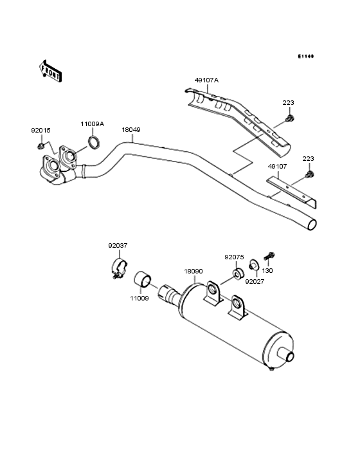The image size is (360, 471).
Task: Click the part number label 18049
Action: point(131,129)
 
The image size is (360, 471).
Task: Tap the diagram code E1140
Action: point(305,57)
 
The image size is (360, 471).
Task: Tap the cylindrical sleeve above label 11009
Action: point(143,281)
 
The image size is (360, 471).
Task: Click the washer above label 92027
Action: point(255,264)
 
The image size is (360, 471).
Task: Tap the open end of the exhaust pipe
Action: point(312,225)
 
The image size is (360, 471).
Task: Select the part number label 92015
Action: point(40,130)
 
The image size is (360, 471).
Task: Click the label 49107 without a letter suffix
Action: point(278,165)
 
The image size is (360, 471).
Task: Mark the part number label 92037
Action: point(117,245)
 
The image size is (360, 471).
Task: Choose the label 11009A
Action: point(92,124)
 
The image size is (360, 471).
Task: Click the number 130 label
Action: point(267,271)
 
